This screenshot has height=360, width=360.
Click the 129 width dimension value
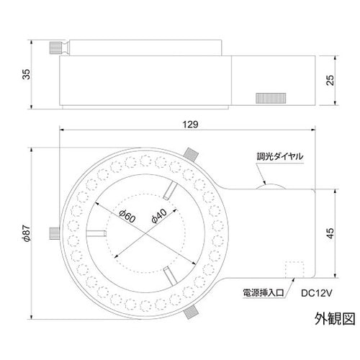[x=190, y=125]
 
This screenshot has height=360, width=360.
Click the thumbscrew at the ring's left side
[x=55, y=233]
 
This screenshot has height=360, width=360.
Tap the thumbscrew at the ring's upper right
[x=191, y=154]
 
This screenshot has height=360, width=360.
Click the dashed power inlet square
[x=293, y=268]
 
